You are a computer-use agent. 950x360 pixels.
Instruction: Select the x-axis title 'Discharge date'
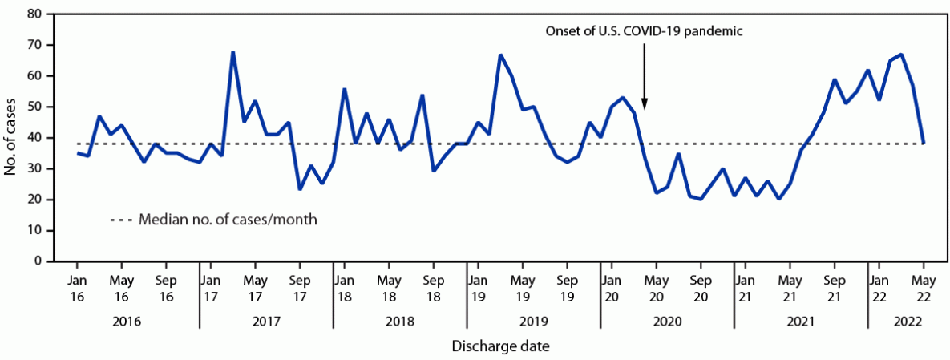500,346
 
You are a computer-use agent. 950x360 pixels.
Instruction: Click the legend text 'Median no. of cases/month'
228,219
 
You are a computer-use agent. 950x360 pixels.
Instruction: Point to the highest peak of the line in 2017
232,53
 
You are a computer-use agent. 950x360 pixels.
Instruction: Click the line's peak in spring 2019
500,55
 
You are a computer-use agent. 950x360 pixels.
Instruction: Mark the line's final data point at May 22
924,144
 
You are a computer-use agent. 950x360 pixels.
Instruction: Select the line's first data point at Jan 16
77,152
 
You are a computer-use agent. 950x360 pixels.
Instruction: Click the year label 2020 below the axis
667,322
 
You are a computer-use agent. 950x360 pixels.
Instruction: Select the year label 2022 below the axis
906,322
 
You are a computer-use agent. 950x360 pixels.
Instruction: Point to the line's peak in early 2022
901,55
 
